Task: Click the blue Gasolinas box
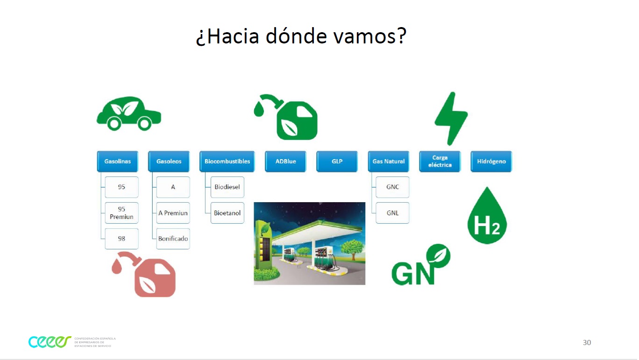pos(118,162)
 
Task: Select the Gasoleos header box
pos(169,162)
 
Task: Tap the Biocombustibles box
pos(227,162)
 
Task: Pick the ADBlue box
pos(285,162)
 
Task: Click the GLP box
pos(337,162)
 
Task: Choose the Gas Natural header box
pos(389,162)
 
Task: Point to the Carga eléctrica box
pos(440,162)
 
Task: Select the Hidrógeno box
pos(491,162)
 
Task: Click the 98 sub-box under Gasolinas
pos(121,239)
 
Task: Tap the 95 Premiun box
pos(121,213)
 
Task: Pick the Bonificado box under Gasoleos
pos(173,239)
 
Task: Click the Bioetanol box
pos(227,213)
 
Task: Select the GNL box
pos(392,213)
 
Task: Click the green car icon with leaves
pos(129,113)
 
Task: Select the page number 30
pos(587,342)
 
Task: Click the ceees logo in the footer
pos(50,342)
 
